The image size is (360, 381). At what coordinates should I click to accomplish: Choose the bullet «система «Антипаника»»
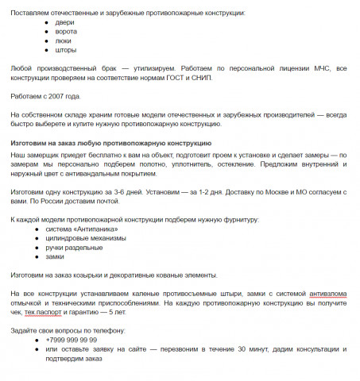[x=84, y=230]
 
